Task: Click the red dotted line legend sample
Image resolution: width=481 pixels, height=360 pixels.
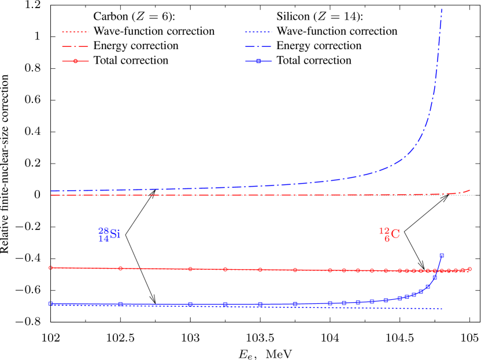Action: point(75,32)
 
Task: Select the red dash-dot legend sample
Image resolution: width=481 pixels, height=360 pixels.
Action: point(75,46)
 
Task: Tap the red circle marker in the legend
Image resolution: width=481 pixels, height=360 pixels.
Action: point(76,61)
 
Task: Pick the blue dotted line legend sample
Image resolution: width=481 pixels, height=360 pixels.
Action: point(258,32)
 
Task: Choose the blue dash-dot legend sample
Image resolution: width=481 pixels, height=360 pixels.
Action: point(258,46)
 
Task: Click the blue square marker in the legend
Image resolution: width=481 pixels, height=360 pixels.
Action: point(258,61)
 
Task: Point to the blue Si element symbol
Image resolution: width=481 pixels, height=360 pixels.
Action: point(115,234)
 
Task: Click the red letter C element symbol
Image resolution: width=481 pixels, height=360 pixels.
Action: point(395,234)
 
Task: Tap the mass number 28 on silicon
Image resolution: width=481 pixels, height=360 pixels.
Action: point(103,231)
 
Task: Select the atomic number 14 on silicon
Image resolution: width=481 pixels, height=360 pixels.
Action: point(103,239)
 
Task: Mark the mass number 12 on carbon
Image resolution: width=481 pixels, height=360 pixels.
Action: point(384,231)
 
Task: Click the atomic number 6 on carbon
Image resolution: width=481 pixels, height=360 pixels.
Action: point(387,239)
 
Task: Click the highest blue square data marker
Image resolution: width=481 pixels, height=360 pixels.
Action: point(442,255)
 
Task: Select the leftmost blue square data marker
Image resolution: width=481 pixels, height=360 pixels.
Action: point(51,303)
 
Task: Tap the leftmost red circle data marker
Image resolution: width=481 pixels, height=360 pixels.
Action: point(51,268)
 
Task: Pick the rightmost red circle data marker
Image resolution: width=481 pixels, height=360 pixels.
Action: point(469,269)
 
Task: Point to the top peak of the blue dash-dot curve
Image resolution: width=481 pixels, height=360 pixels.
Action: point(442,9)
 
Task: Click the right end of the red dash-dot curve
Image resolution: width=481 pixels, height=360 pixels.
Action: point(469,190)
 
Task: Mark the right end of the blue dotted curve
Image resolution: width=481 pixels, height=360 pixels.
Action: point(442,309)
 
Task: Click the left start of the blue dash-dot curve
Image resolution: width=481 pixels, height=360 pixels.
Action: point(51,191)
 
